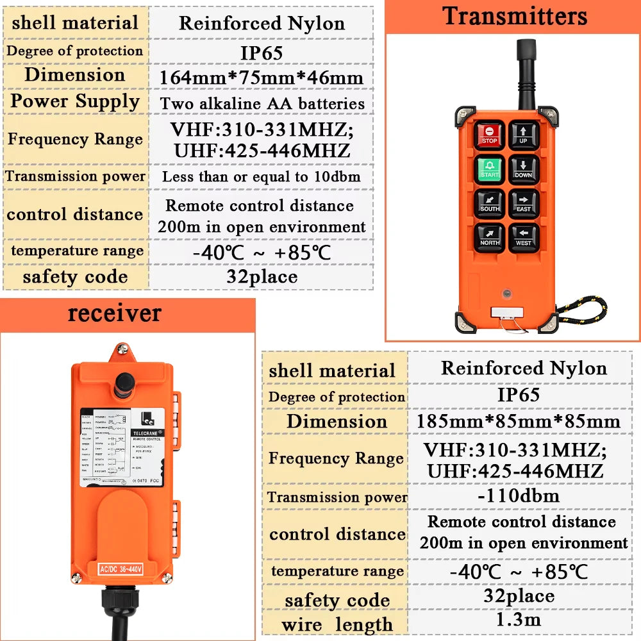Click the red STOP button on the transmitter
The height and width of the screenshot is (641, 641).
pos(490,135)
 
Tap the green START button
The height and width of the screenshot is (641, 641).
pos(490,170)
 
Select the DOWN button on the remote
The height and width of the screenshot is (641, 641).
pos(524,170)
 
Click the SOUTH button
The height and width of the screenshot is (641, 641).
pos(490,204)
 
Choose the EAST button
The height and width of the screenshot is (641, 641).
pos(524,204)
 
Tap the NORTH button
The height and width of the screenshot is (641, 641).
pos(490,238)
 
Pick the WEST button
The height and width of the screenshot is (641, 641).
pos(524,238)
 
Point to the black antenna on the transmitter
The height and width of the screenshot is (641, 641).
pos(527,71)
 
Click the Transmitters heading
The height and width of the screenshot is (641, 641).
pos(515,16)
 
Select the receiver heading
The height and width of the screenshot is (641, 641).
pos(115,313)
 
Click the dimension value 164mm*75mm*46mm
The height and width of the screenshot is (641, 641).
pos(262,78)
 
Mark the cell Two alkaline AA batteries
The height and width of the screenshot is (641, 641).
pos(262,103)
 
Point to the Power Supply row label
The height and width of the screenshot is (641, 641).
pos(75,101)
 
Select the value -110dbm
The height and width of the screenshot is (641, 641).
pos(518,495)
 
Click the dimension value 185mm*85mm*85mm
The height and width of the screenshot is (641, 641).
pos(518,421)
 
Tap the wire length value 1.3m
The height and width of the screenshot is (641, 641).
pos(518,619)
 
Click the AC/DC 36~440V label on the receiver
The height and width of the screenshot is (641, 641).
pos(120,568)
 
